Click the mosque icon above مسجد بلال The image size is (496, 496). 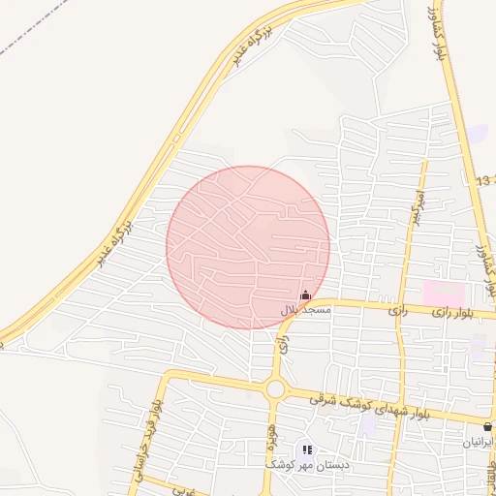tap(306, 295)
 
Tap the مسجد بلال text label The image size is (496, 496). tap(306, 310)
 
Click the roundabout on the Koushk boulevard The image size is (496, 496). tap(276, 389)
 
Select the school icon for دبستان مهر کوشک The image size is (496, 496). tap(307, 449)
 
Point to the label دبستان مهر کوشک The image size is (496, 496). tap(307, 464)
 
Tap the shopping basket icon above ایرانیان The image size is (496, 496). tap(487, 426)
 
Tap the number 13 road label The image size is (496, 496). tap(483, 181)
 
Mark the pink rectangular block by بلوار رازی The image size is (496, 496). tap(444, 291)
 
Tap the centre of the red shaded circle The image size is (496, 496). tap(248, 247)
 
